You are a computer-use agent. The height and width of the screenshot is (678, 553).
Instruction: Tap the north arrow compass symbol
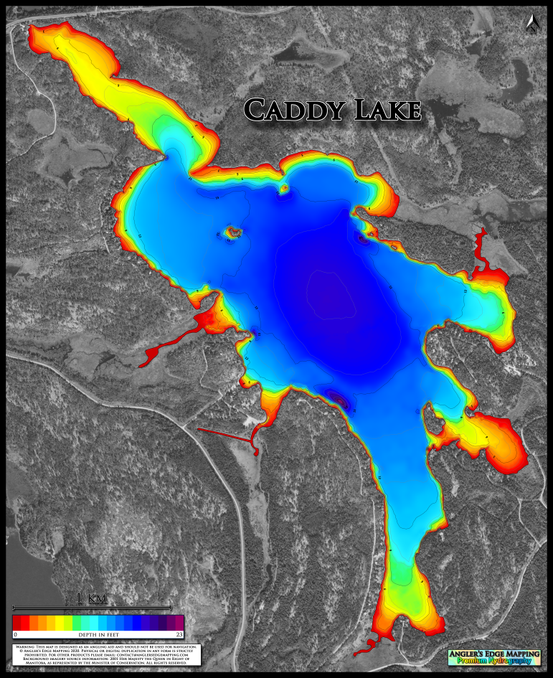pos(531,24)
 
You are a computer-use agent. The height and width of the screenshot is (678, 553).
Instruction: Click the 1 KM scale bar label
pos(91,598)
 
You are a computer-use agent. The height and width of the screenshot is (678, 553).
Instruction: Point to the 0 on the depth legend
pos(15,635)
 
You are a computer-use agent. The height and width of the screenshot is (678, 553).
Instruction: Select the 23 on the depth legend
pos(179,635)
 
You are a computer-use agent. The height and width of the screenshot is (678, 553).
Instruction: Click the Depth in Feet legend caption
pos(98,635)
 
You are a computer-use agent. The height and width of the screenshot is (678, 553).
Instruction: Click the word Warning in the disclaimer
pos(27,646)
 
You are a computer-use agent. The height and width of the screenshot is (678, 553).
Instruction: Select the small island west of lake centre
pos(232,232)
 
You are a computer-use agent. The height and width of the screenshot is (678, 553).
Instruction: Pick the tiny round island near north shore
pos(284,189)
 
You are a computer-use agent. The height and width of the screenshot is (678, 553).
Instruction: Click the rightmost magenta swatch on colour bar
pos(179,622)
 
